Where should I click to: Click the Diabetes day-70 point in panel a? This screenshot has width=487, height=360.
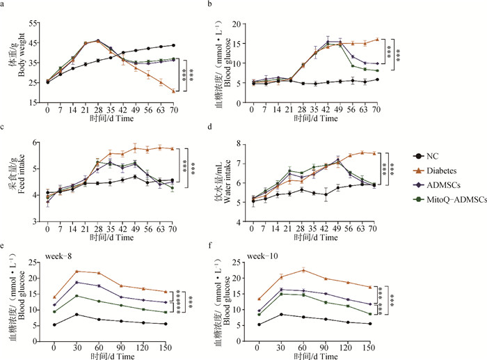[173, 91]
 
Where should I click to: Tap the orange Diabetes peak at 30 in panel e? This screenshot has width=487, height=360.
[76, 272]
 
